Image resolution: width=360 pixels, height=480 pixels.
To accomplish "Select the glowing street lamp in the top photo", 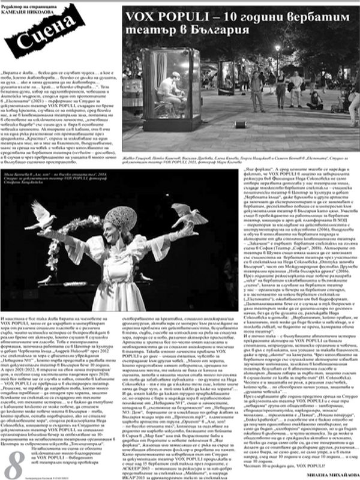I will [x=278, y=47].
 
